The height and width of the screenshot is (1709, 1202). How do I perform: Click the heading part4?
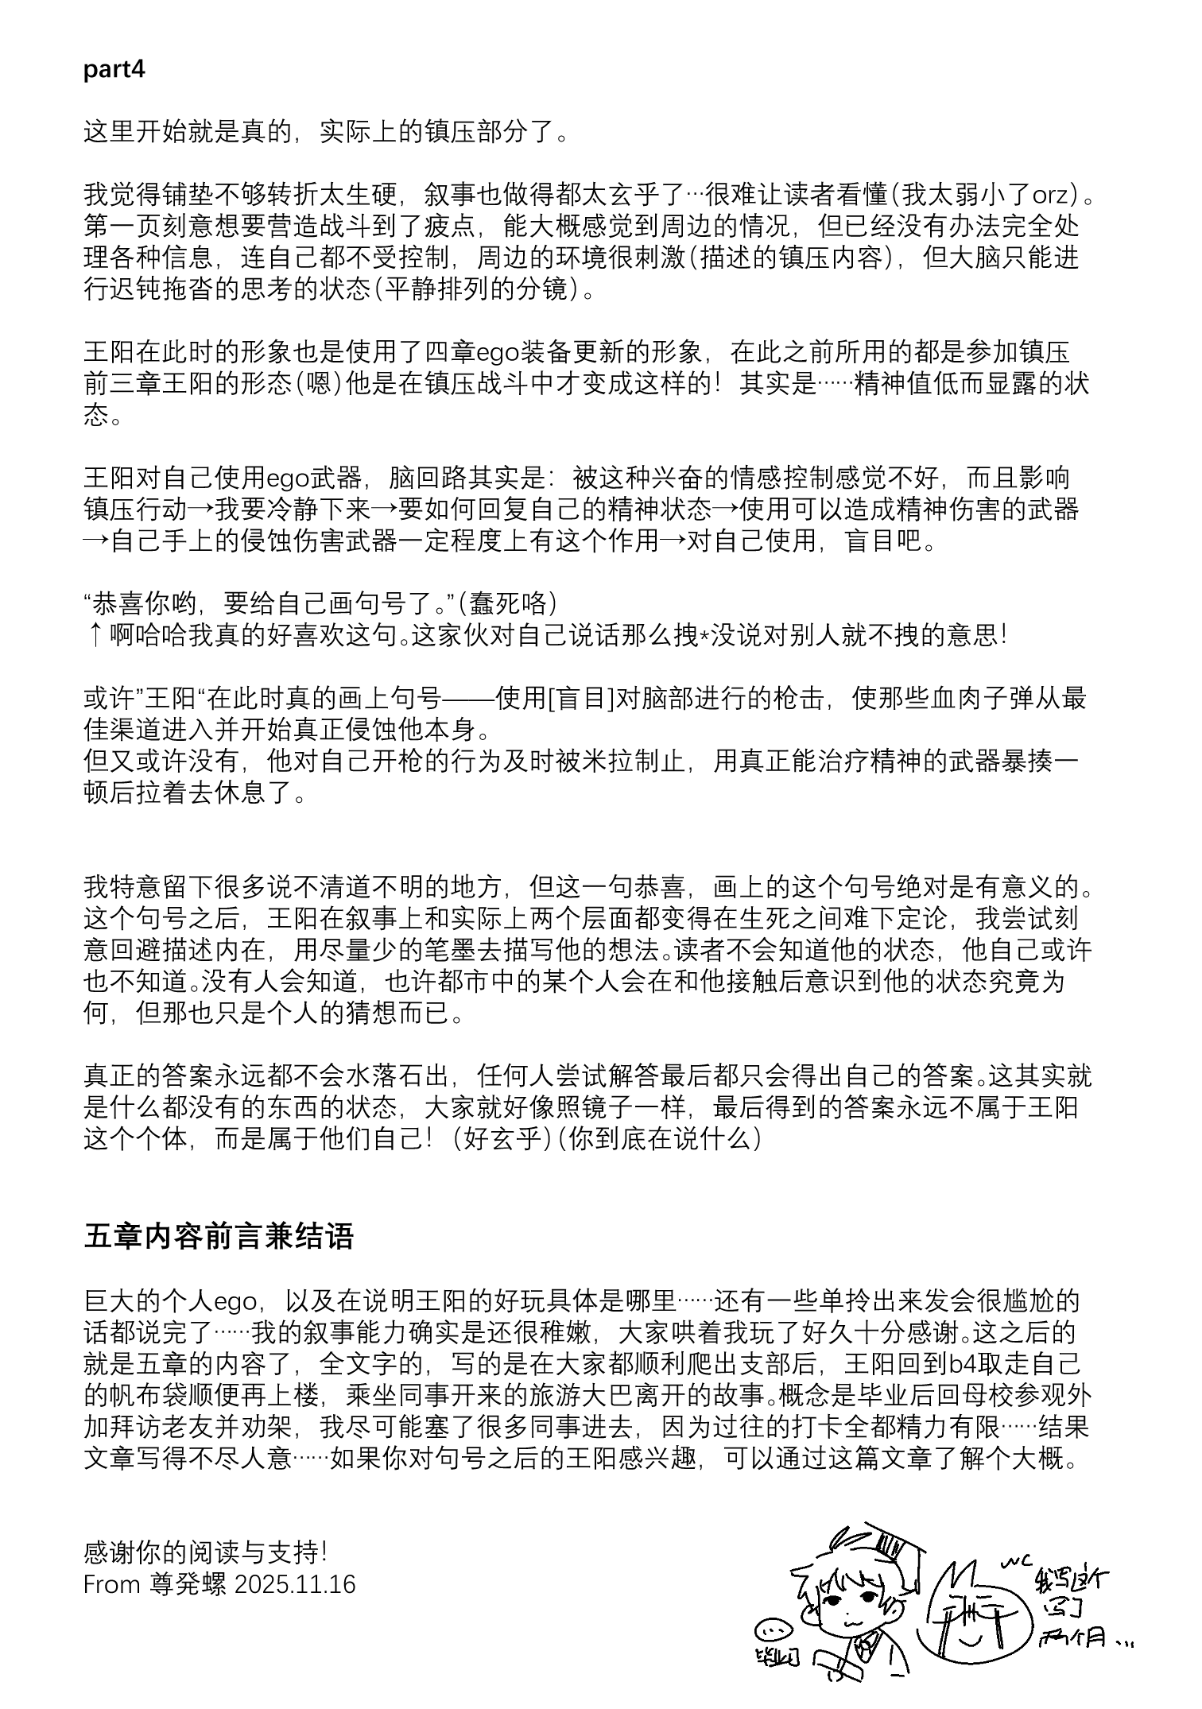[x=114, y=69]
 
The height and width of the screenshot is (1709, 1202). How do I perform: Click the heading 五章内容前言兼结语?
[x=219, y=1236]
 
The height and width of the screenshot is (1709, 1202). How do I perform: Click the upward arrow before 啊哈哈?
[x=93, y=636]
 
